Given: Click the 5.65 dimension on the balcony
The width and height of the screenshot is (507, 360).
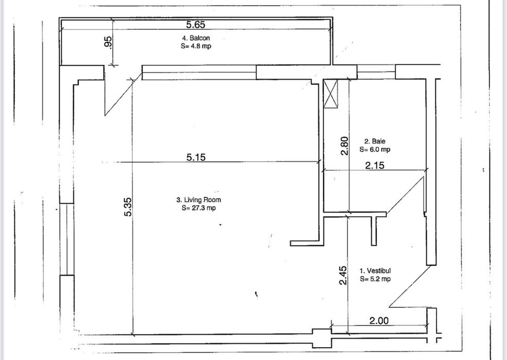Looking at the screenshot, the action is pyautogui.click(x=196, y=25).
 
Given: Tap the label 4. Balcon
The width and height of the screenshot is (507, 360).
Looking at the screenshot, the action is pyautogui.click(x=196, y=38).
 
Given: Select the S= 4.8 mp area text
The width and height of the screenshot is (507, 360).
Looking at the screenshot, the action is pyautogui.click(x=196, y=46).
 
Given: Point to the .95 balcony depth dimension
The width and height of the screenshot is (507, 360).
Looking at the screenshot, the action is pyautogui.click(x=109, y=43).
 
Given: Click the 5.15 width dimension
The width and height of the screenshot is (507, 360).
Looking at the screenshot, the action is pyautogui.click(x=196, y=157).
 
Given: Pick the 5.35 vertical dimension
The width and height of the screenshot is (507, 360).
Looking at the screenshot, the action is pyautogui.click(x=128, y=207).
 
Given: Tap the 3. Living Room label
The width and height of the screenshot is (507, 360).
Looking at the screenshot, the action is pyautogui.click(x=199, y=199).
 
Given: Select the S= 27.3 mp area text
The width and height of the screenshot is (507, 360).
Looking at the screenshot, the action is pyautogui.click(x=199, y=208).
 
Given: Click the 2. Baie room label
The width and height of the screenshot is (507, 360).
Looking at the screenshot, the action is pyautogui.click(x=375, y=141).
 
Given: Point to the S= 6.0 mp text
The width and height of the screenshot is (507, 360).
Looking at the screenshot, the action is pyautogui.click(x=375, y=149).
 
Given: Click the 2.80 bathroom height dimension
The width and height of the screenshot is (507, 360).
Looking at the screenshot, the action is pyautogui.click(x=345, y=146).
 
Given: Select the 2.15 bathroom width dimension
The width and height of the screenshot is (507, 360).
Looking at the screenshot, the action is pyautogui.click(x=375, y=165).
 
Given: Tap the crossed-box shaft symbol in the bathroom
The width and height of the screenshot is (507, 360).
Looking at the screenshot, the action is pyautogui.click(x=330, y=94).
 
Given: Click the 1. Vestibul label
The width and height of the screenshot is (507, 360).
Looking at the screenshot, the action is pyautogui.click(x=375, y=270).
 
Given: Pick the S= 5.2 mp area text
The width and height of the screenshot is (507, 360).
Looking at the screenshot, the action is pyautogui.click(x=375, y=279).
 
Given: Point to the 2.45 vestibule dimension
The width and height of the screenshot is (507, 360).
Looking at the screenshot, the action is pyautogui.click(x=343, y=275).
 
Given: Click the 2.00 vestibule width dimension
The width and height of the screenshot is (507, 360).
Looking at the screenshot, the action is pyautogui.click(x=379, y=320).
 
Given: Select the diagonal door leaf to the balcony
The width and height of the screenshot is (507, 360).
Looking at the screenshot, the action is pyautogui.click(x=123, y=94).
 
